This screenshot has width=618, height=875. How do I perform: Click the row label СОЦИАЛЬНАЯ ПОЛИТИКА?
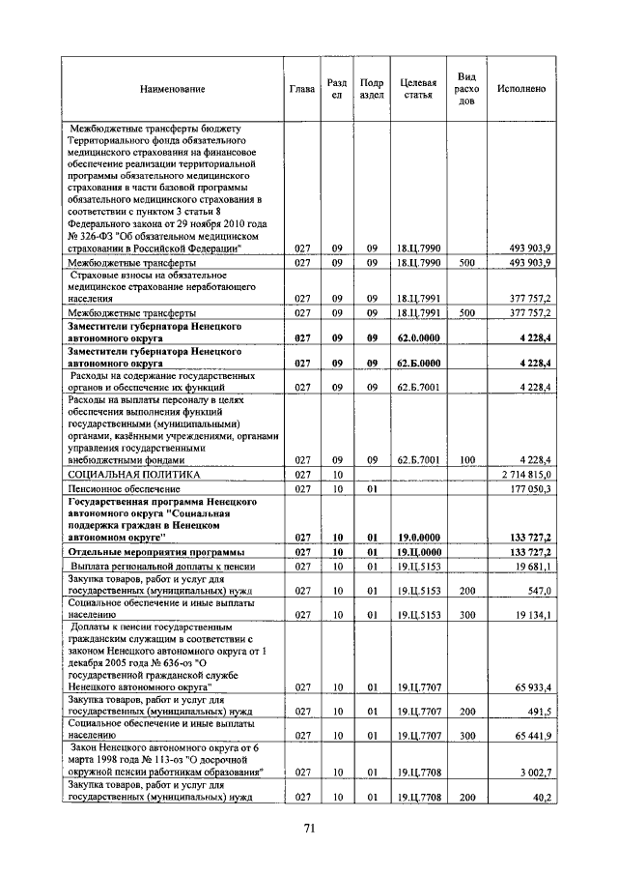(133, 476)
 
